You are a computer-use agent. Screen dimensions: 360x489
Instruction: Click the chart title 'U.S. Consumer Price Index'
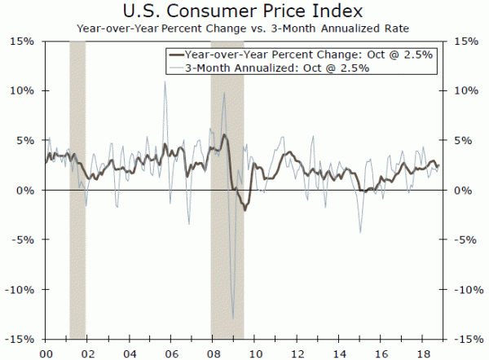pyautogui.click(x=244, y=11)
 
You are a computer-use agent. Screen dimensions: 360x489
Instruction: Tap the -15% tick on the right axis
pyautogui.click(x=465, y=339)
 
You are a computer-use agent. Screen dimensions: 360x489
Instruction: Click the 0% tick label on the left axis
pyautogui.click(x=26, y=190)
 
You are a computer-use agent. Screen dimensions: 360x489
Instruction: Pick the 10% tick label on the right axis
pyautogui.click(x=463, y=90)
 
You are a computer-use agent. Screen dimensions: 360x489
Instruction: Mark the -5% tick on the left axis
pyautogui.click(x=23, y=239)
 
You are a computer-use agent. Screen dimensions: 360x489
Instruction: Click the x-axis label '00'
pyautogui.click(x=46, y=353)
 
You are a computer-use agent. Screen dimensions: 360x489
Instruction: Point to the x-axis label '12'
pyautogui.click(x=297, y=353)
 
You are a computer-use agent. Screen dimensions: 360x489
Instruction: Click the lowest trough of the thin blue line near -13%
pyautogui.click(x=233, y=319)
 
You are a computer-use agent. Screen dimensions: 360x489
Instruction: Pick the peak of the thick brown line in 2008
pyautogui.click(x=225, y=135)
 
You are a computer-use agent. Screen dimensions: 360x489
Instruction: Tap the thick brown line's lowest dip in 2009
pyautogui.click(x=245, y=210)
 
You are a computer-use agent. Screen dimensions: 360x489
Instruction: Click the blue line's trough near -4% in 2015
pyautogui.click(x=360, y=232)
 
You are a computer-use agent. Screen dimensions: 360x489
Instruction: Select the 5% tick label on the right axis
pyautogui.click(x=460, y=140)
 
